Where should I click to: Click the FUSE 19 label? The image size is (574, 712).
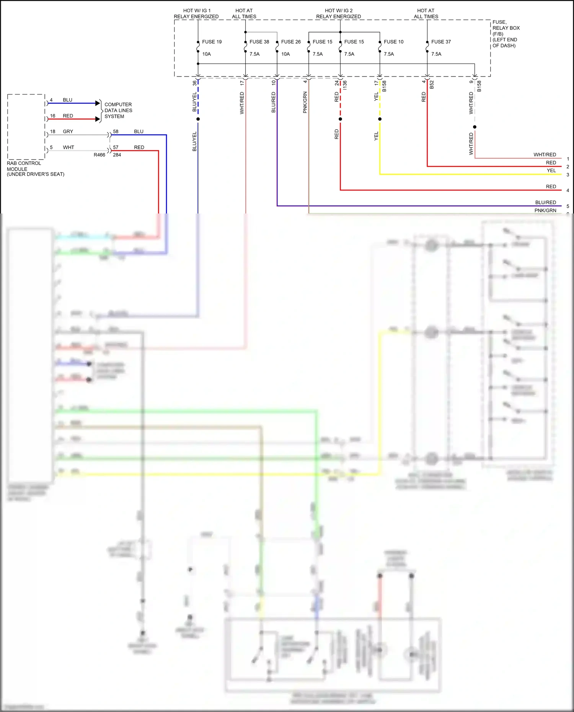pos(212,42)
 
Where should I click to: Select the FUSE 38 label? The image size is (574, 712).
pos(259,42)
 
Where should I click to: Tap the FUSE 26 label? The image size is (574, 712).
pos(291,42)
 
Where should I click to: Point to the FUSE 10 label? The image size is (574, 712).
pos(393,42)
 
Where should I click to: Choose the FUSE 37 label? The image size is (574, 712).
pos(441,42)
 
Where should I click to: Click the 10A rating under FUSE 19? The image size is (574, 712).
pos(207,54)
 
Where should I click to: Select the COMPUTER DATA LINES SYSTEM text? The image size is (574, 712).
pos(118,111)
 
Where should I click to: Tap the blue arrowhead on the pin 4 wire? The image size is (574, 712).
pos(98,103)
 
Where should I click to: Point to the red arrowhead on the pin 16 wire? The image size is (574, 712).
pos(98,119)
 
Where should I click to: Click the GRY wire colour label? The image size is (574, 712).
pos(68,132)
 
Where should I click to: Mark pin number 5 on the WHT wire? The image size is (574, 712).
pos(51,147)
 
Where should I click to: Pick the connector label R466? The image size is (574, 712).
pos(99,155)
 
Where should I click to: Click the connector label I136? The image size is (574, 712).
pos(345,85)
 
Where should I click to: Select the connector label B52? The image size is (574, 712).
pos(432,85)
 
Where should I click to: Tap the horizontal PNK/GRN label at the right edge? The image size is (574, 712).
pos(545,210)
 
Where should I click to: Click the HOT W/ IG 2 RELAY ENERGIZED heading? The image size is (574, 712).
pos(339,14)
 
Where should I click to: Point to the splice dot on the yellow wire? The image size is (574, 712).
pos(380,119)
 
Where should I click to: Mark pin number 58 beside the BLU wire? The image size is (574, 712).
pos(116,132)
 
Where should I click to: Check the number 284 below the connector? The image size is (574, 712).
pos(117,155)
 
